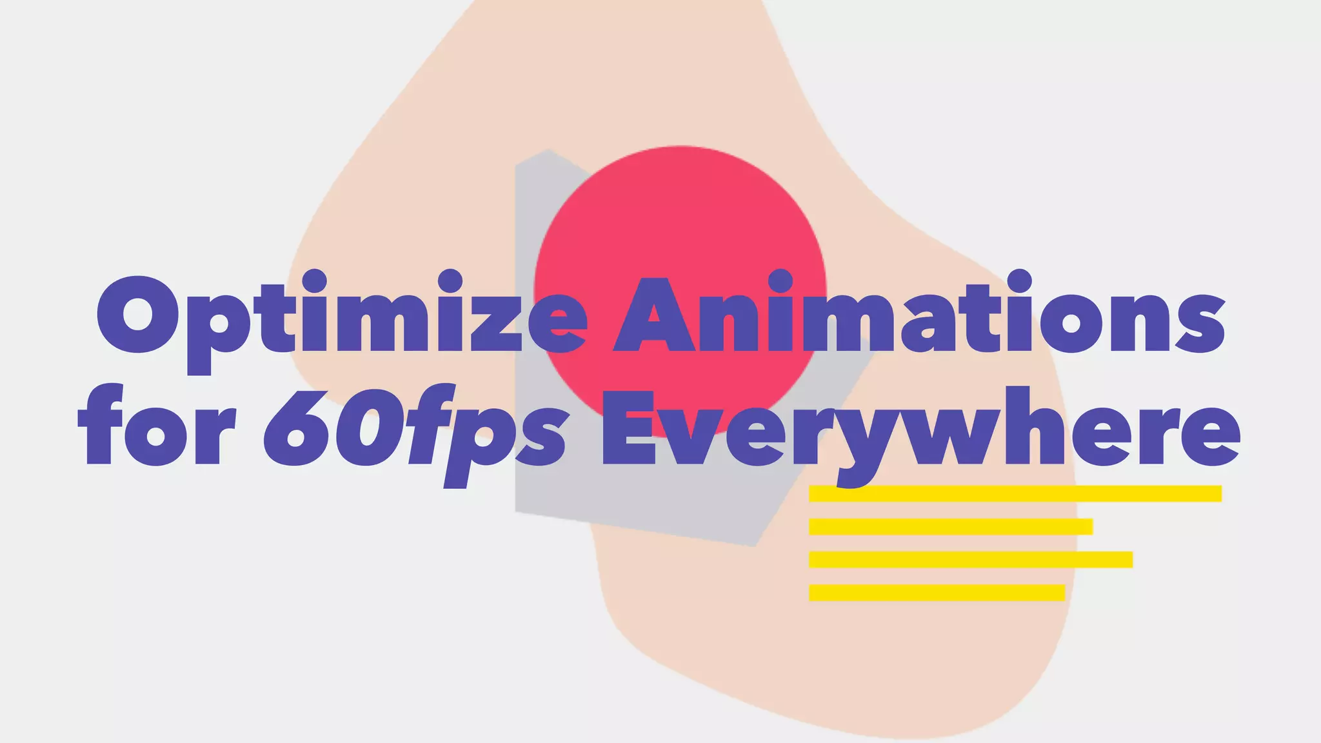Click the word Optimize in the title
(342, 316)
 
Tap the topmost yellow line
(1015, 493)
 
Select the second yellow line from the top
(951, 526)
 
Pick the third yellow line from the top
(971, 559)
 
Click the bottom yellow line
(937, 592)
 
